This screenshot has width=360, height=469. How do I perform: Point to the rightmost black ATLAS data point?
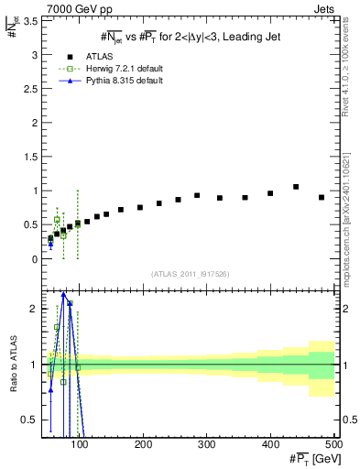[x=322, y=197]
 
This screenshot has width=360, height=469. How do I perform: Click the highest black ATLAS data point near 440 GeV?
[x=296, y=187]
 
